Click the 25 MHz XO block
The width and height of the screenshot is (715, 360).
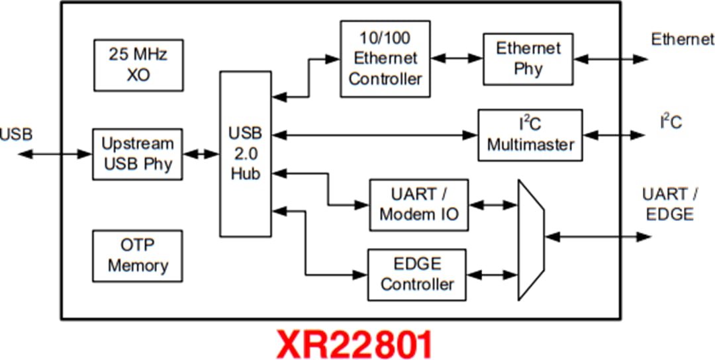click(x=138, y=64)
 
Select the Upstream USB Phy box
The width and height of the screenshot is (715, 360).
click(x=138, y=154)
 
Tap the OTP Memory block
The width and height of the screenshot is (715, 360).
click(x=138, y=255)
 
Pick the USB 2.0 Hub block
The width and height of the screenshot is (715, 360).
click(x=245, y=154)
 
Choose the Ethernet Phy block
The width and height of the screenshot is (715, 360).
click(x=528, y=58)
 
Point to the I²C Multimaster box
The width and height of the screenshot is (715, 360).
click(x=530, y=135)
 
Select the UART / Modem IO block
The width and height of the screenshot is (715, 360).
click(x=419, y=204)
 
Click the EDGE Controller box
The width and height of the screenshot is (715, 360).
click(x=417, y=275)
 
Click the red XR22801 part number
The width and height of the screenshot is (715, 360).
click(x=356, y=343)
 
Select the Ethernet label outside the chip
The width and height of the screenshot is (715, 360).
click(x=682, y=39)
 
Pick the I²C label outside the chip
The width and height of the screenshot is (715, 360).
click(x=670, y=122)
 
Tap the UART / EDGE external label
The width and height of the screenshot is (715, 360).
click(x=669, y=204)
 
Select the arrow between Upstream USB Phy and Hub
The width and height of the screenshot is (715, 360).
click(x=201, y=154)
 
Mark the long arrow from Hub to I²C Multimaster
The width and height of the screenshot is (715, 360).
click(x=374, y=135)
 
